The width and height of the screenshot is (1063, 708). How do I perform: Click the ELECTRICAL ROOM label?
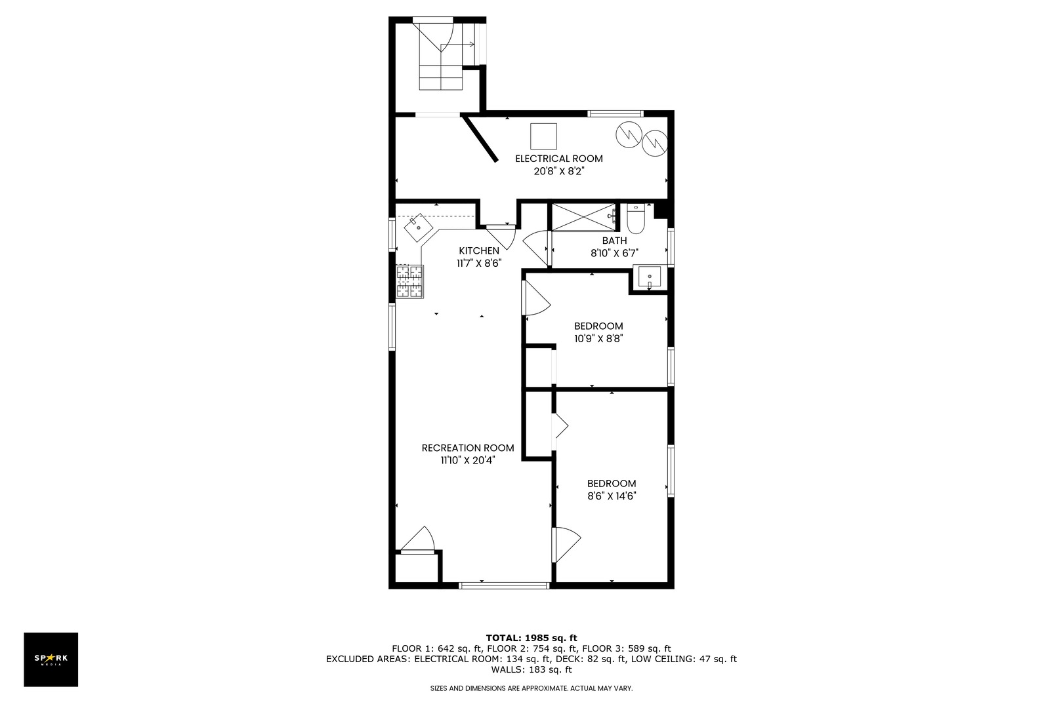(558, 159)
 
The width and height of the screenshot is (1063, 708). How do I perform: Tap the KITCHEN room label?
(479, 251)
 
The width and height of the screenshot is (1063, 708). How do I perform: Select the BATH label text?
(615, 241)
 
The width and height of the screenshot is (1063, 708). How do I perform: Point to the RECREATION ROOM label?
(467, 448)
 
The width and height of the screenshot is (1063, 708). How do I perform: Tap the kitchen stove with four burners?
(409, 281)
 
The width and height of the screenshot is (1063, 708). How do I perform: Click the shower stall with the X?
(584, 218)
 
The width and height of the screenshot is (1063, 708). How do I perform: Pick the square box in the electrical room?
(543, 136)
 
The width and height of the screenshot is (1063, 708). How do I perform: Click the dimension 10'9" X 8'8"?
(598, 338)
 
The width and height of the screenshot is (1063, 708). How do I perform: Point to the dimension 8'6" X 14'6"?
(612, 496)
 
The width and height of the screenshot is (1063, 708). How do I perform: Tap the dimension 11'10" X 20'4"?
(468, 460)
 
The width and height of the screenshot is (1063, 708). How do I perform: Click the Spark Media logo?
(51, 659)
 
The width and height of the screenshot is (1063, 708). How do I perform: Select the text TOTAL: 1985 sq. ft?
(531, 638)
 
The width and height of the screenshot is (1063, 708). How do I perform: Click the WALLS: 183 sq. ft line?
(531, 669)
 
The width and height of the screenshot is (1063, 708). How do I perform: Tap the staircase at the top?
(440, 56)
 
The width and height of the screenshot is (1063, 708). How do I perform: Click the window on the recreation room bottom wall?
(504, 585)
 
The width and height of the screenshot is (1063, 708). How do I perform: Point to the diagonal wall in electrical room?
(480, 138)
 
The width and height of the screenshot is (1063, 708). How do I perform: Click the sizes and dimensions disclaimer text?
(531, 688)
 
